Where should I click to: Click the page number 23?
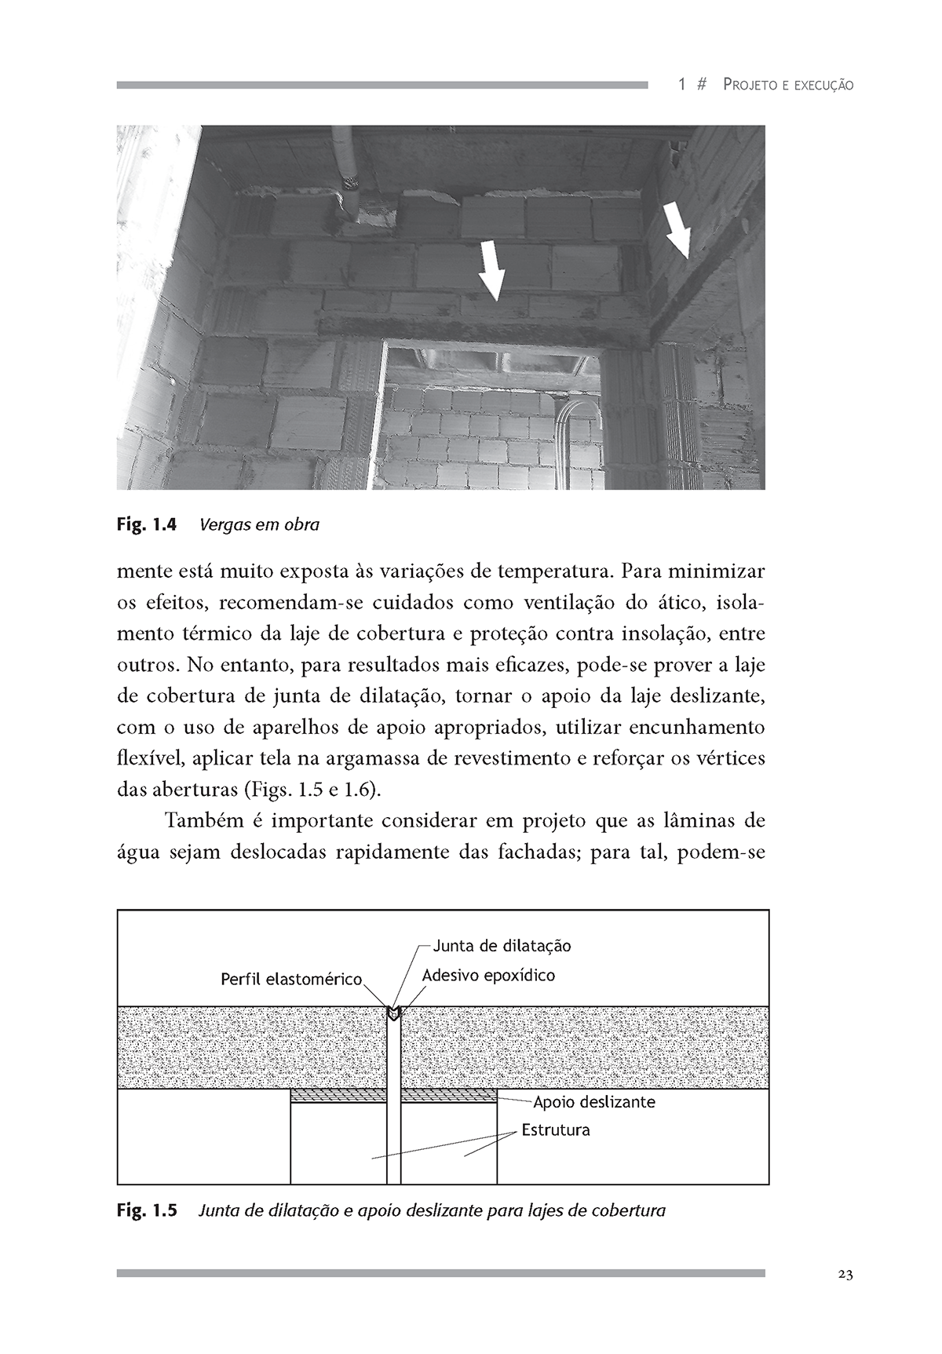point(845,1275)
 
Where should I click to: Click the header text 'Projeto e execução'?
point(788,85)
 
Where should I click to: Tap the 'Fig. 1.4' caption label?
point(148,524)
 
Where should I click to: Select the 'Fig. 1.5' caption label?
point(148,1210)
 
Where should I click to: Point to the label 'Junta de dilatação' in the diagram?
point(502,945)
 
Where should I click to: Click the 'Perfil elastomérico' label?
point(291,980)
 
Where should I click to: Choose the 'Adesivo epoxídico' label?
point(488,976)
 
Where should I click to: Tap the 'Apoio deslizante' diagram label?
point(594,1102)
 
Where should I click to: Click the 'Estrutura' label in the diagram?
point(556,1130)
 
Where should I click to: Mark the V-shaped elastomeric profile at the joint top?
point(393,1013)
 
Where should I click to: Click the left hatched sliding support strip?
point(338,1096)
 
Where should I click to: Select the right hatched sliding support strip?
point(449,1096)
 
